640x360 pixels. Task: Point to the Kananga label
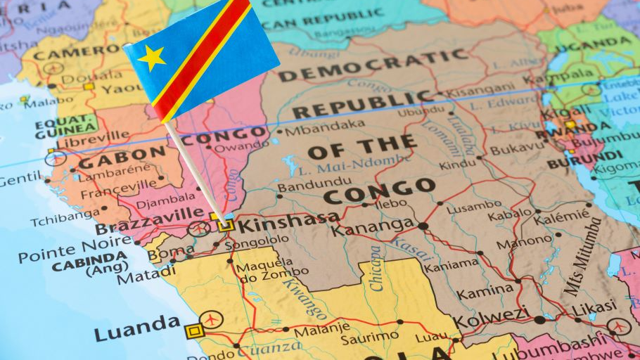pyautogui.click(x=373, y=226)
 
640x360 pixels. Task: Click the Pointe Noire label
pyautogui.click(x=65, y=251)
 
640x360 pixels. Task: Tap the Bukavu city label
pyautogui.click(x=517, y=150)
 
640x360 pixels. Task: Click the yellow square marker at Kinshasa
pyautogui.click(x=226, y=226)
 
